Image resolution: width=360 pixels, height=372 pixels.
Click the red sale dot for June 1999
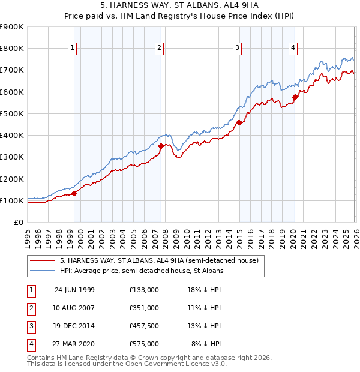click(x=74, y=193)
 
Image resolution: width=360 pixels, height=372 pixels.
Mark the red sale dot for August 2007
click(x=161, y=145)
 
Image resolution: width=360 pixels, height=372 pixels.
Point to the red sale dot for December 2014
click(x=239, y=122)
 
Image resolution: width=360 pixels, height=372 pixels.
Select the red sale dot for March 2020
click(x=295, y=97)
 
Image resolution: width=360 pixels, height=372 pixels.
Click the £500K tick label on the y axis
click(x=12, y=113)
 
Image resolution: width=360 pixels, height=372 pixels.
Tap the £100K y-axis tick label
click(x=12, y=200)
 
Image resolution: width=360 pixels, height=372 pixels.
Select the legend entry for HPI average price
click(x=142, y=271)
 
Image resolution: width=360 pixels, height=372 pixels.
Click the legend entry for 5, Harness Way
click(x=159, y=260)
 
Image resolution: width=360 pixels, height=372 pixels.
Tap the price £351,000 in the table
click(x=144, y=308)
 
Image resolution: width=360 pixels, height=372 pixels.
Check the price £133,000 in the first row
click(x=144, y=290)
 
